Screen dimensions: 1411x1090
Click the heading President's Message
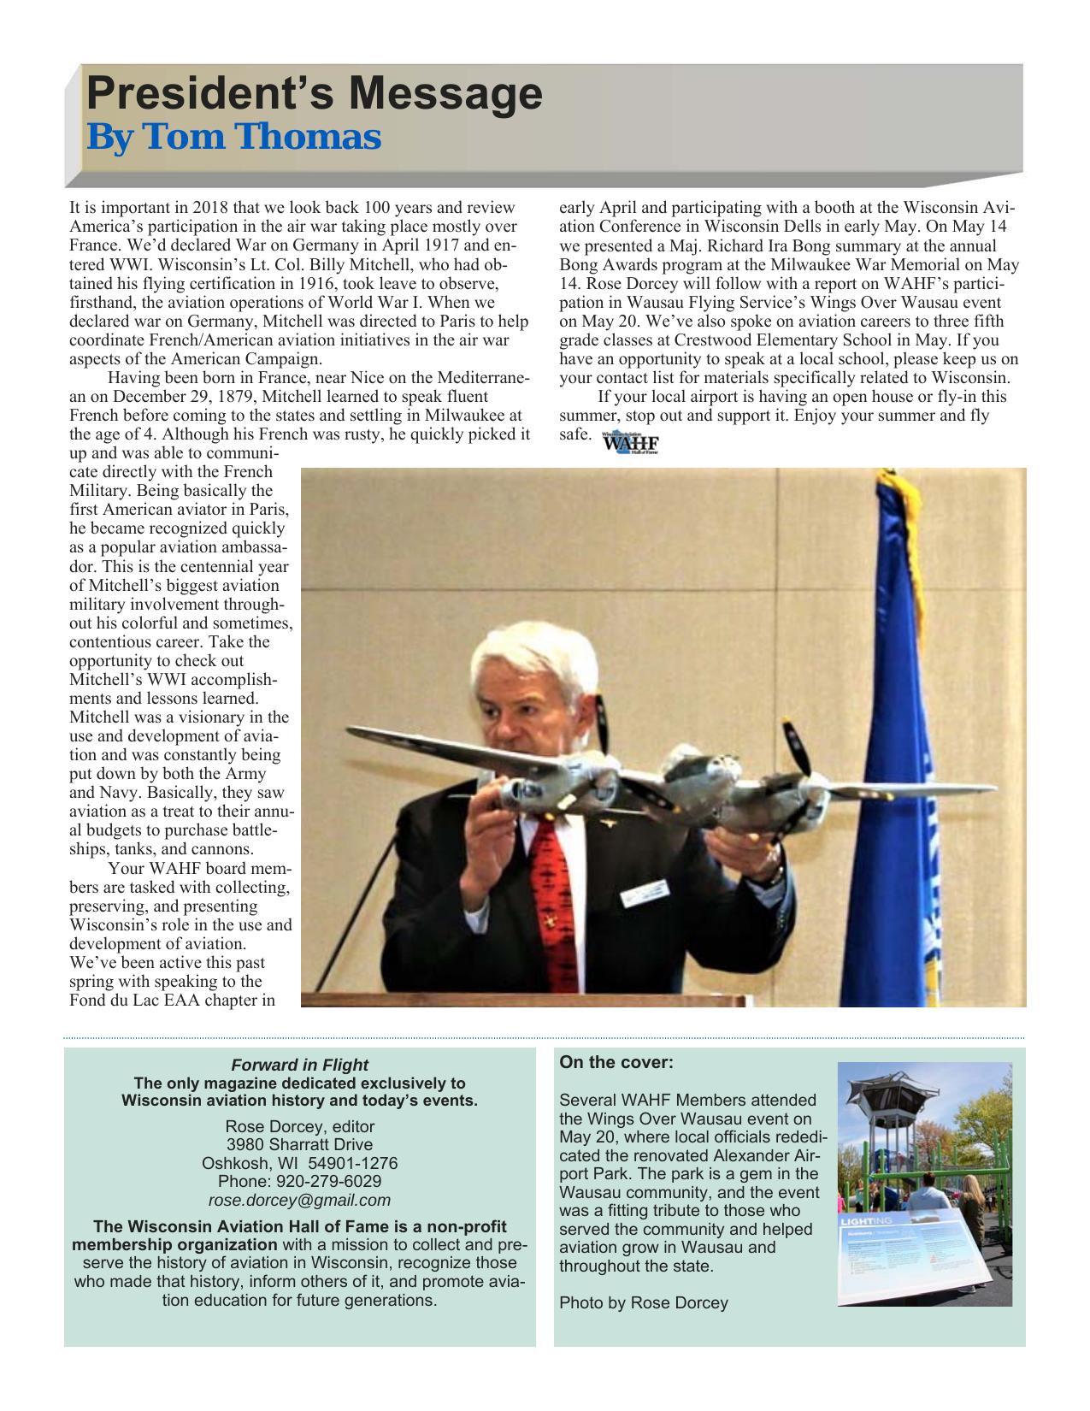pos(315,94)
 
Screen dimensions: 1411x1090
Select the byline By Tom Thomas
pos(233,137)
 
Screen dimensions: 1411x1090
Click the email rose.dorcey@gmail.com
pos(299,1200)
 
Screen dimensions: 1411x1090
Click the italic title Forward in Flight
pos(299,1065)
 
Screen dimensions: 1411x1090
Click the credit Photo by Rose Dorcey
pos(644,1303)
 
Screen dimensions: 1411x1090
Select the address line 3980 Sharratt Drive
pos(299,1144)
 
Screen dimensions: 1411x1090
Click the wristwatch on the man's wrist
pos(775,875)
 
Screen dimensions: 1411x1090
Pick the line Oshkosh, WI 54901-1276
pos(299,1163)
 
